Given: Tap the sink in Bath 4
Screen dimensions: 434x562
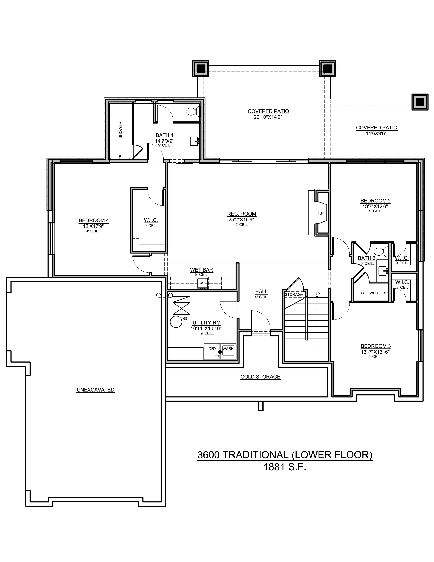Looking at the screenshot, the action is [194, 141].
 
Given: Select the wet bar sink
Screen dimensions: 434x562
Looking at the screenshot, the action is [202, 283].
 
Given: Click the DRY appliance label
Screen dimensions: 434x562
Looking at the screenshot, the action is [212, 349].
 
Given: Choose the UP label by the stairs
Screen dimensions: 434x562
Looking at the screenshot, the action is [317, 294].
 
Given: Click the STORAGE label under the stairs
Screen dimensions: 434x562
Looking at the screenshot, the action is [294, 294].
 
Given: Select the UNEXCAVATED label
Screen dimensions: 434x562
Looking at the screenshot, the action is [95, 390].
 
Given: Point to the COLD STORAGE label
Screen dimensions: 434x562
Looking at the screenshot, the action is [260, 377].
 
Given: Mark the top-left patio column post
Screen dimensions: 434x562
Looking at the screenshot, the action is [201, 69].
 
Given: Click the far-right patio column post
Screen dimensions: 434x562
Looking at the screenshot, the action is [420, 102].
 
